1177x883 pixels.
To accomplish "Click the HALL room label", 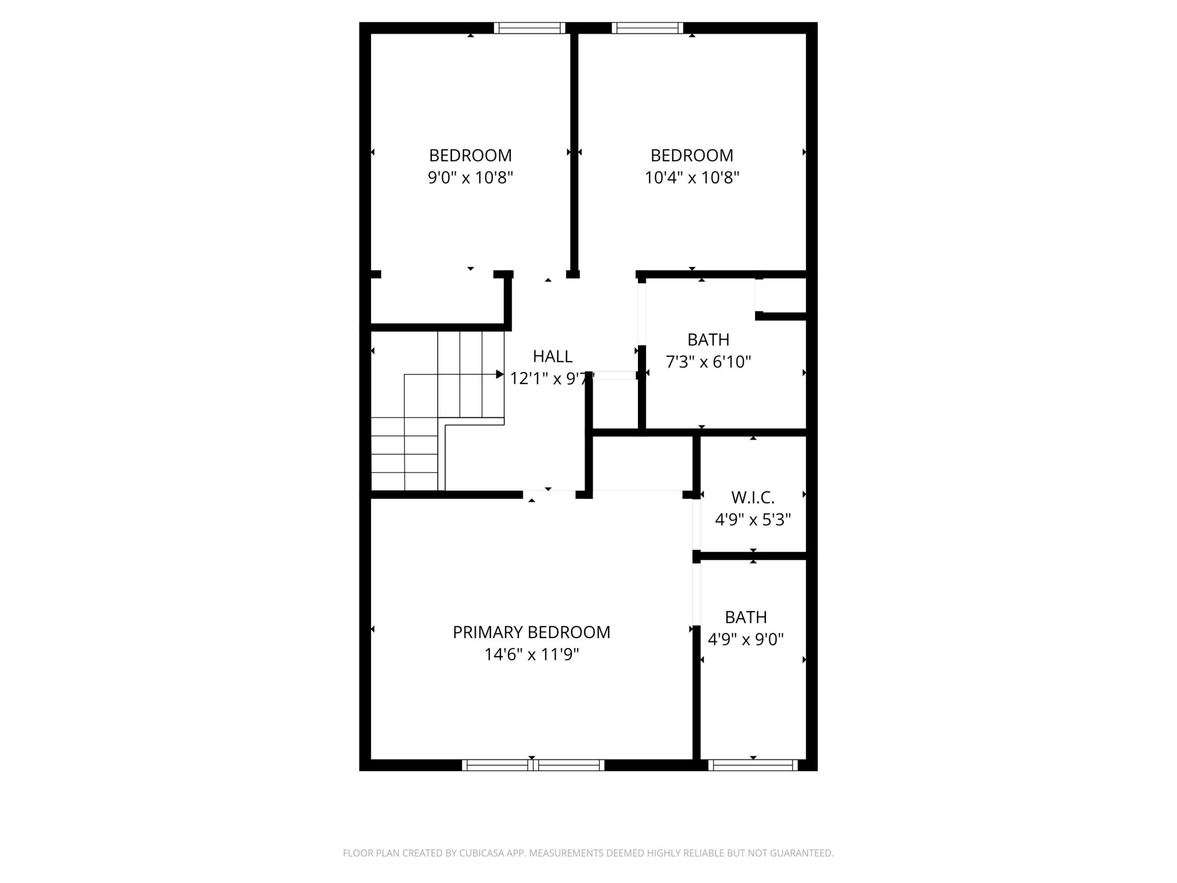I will (552, 356).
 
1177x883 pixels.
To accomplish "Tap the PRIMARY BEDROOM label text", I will (531, 632).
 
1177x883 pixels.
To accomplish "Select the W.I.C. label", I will (752, 498).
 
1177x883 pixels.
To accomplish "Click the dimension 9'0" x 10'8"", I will (470, 177).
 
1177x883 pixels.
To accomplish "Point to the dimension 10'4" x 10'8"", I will (692, 177).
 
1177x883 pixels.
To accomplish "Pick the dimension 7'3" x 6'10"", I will (708, 362).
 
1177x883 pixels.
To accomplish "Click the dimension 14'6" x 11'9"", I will (531, 654).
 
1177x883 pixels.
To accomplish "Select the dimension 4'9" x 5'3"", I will (752, 520).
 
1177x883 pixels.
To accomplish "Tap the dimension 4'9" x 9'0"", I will (745, 639).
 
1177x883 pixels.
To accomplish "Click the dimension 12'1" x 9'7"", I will (551, 379).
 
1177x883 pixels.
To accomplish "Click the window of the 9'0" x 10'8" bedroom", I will (529, 28).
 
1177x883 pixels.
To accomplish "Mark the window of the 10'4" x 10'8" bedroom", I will (647, 28).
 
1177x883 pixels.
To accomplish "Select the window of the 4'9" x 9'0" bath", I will (753, 765).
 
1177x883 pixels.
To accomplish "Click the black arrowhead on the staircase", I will (500, 374).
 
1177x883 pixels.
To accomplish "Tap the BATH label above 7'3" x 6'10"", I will (708, 340).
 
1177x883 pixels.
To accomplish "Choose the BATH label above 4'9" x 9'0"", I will (745, 617).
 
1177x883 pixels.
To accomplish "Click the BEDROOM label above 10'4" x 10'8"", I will (692, 155).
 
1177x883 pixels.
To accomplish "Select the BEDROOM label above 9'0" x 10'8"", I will (470, 155).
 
